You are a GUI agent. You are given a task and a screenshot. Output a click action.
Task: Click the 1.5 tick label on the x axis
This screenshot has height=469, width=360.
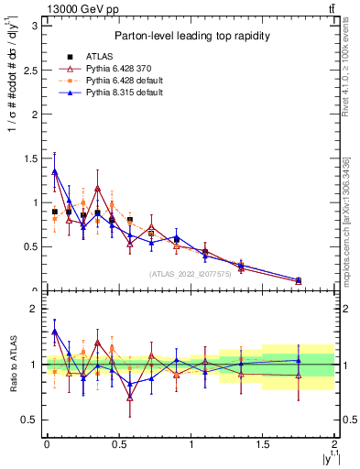[x=262, y=444]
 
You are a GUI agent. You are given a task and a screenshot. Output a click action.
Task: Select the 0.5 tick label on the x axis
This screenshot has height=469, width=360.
[x=118, y=444]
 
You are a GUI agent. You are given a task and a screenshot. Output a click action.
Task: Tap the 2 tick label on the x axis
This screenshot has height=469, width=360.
[x=334, y=444]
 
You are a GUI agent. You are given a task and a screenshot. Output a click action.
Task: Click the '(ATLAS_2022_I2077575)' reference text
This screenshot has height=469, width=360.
[x=191, y=273]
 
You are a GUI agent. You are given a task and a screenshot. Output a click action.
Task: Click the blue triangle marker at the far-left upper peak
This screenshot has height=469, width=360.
[x=55, y=171]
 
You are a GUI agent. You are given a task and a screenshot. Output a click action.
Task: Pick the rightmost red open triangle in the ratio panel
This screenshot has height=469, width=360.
[x=299, y=376]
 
